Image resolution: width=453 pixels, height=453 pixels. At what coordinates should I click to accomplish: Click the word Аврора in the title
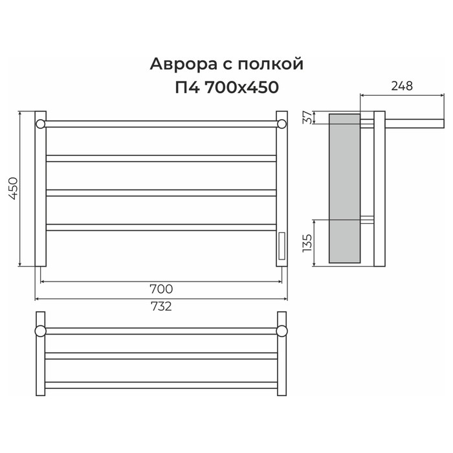coord(183,65)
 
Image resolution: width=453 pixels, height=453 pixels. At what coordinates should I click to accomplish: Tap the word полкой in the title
coord(271,65)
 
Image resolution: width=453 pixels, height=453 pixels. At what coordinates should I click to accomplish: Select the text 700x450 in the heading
coord(241,87)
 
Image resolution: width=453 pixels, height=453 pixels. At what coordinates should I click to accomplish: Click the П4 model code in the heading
coord(187,87)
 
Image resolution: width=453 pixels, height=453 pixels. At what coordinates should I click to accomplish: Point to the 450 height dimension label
coord(14,189)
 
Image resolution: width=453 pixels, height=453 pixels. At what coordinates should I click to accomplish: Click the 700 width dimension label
coord(161,289)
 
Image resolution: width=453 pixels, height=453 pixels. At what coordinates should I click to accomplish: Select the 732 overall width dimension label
coord(161,306)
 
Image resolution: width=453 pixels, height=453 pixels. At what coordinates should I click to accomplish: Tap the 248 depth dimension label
coord(402,86)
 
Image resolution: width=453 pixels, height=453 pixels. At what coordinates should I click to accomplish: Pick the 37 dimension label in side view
coord(307,117)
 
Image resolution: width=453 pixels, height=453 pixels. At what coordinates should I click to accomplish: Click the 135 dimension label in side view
coord(307,243)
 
